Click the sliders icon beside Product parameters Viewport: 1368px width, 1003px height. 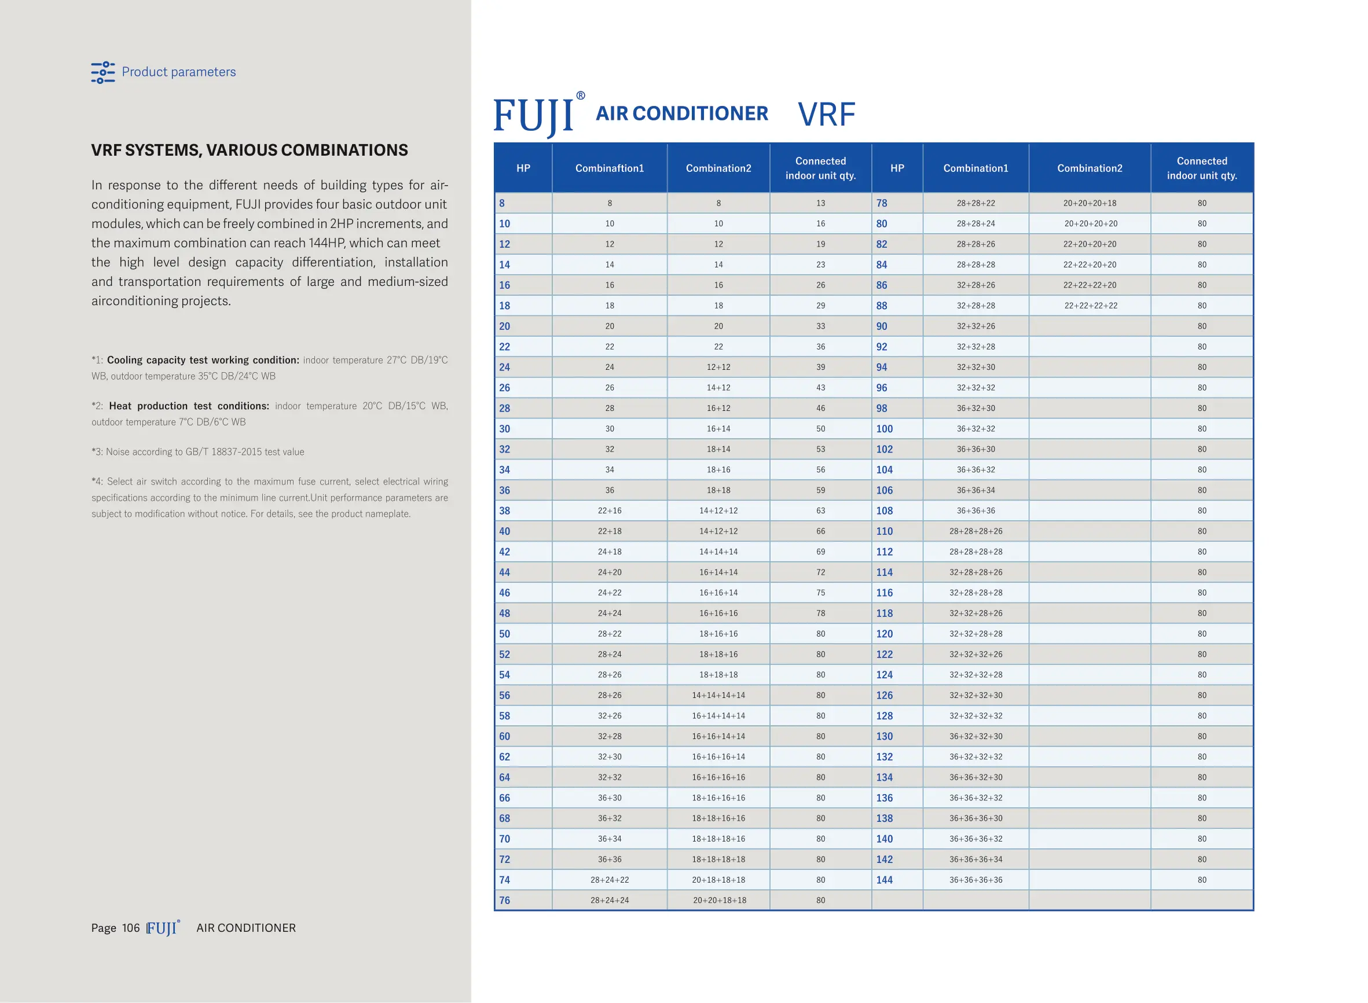(102, 72)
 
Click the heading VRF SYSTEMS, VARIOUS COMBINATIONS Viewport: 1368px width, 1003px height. (249, 150)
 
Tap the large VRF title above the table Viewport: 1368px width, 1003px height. (826, 114)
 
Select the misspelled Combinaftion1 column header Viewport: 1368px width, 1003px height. (609, 168)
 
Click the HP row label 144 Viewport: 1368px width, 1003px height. (884, 880)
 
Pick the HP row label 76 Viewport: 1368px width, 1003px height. (504, 901)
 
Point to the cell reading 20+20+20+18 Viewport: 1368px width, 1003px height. (1090, 203)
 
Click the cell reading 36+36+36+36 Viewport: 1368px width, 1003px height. (975, 880)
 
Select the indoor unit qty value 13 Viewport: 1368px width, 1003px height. (820, 203)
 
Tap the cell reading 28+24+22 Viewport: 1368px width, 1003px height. (609, 880)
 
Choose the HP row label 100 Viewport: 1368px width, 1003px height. (884, 429)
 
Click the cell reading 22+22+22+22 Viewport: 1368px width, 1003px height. (1090, 306)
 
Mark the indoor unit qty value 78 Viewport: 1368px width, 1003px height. (820, 613)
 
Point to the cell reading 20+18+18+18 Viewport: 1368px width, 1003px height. (718, 880)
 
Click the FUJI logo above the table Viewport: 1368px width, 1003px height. (535, 115)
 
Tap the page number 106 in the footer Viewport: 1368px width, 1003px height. (130, 928)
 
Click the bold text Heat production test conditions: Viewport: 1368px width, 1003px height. (189, 406)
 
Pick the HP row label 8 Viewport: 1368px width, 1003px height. (501, 203)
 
